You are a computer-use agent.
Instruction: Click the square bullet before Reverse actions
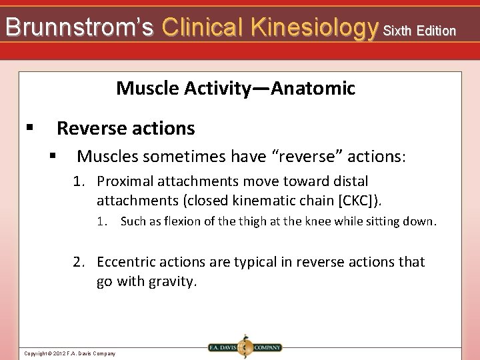[x=29, y=127]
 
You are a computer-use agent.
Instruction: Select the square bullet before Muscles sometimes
[x=53, y=157]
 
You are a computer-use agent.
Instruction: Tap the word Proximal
[x=125, y=181]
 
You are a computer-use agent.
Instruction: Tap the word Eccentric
[x=127, y=262]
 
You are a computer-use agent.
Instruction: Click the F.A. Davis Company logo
[x=245, y=347]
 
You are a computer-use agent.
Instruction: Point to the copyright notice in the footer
[x=69, y=353]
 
